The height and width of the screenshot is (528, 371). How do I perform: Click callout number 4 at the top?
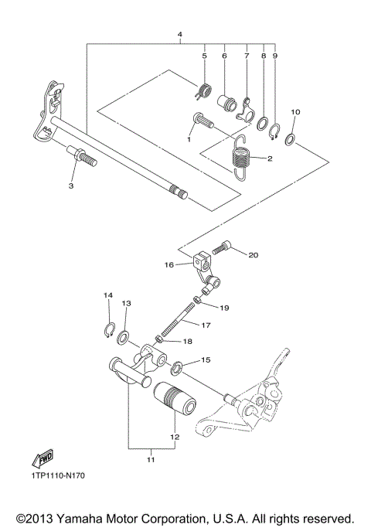pyautogui.click(x=179, y=36)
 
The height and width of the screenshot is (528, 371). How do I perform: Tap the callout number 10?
pyautogui.click(x=294, y=112)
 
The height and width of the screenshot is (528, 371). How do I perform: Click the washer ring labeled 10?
pyautogui.click(x=291, y=138)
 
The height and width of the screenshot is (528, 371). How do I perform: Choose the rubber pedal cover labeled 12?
pyautogui.click(x=175, y=400)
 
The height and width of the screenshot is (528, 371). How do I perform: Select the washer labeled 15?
pyautogui.click(x=177, y=365)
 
